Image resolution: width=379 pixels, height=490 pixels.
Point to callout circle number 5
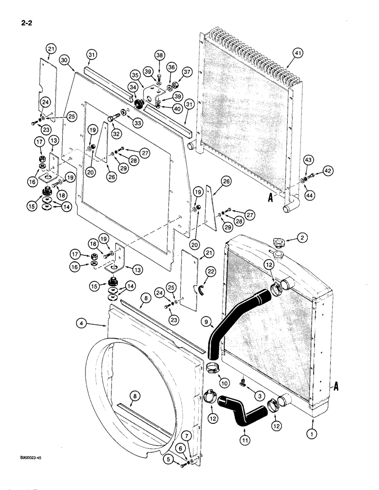point(170,460)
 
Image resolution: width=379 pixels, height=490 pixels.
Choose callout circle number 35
point(135,75)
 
